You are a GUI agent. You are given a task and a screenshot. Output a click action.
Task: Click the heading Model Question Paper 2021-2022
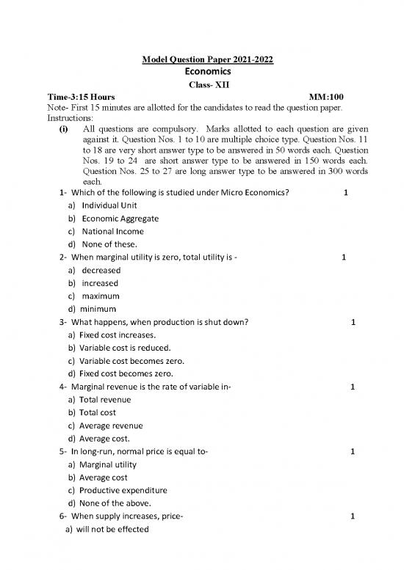point(202,59)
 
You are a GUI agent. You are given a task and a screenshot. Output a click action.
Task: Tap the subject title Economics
point(202,72)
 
